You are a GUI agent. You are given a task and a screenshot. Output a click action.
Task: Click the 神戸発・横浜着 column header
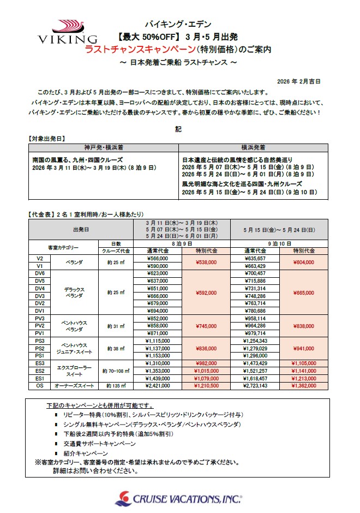pyautogui.click(x=104, y=147)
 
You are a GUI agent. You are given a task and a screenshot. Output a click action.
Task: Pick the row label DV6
pyautogui.click(x=39, y=273)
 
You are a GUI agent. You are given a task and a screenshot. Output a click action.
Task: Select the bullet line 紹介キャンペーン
pyautogui.click(x=85, y=453)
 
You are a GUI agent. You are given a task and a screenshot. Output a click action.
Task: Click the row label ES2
pyautogui.click(x=39, y=370)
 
